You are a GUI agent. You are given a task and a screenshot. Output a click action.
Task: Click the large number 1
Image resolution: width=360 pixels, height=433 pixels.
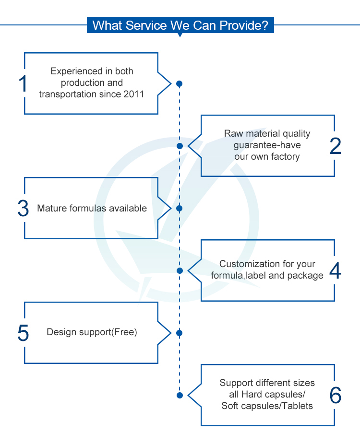[24, 83]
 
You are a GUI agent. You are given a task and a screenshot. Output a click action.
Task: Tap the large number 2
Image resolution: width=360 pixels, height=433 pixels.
[335, 146]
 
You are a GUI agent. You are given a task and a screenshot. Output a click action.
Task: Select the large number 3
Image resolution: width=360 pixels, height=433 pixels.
[24, 209]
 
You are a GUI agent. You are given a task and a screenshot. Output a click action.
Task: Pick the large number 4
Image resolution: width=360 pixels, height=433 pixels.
[335, 271]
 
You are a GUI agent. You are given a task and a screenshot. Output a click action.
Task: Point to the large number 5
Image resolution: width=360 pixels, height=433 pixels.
[24, 333]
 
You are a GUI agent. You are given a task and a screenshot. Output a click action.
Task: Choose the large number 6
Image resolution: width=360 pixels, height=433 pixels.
[335, 395]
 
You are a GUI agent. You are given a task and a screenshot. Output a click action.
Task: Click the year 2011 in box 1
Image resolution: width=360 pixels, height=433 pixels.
[134, 94]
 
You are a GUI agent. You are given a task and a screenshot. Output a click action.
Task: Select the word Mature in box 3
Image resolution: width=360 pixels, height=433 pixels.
[51, 209]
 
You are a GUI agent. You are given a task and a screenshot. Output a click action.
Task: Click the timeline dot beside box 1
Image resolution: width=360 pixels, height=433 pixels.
[180, 83]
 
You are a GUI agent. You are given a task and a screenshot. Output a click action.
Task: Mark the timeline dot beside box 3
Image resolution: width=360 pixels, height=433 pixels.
[180, 209]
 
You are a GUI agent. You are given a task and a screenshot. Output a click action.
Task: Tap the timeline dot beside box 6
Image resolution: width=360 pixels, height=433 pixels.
[180, 395]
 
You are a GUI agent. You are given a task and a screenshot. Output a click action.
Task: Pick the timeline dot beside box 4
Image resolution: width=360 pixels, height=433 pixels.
[180, 270]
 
